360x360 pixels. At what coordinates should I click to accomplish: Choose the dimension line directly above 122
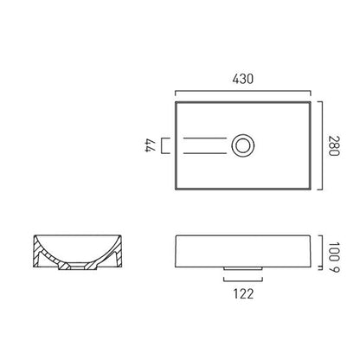pos(241,280)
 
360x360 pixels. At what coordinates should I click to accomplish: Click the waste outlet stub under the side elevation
pos(241,268)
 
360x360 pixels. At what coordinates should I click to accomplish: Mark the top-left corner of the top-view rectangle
pos(176,101)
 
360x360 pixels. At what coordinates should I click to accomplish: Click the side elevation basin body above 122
pos(241,250)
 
